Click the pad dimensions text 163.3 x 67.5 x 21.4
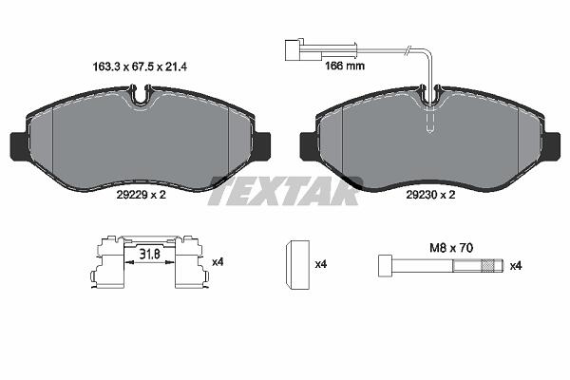coord(140,66)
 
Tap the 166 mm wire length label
coord(344,66)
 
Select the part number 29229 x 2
coord(141,195)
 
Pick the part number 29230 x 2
coord(430,195)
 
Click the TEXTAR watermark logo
coord(285,191)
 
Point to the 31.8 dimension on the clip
coord(150,254)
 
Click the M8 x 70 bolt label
coord(451,248)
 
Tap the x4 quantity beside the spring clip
coord(218,262)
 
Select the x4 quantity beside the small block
coord(321,264)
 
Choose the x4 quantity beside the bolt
coord(516,266)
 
